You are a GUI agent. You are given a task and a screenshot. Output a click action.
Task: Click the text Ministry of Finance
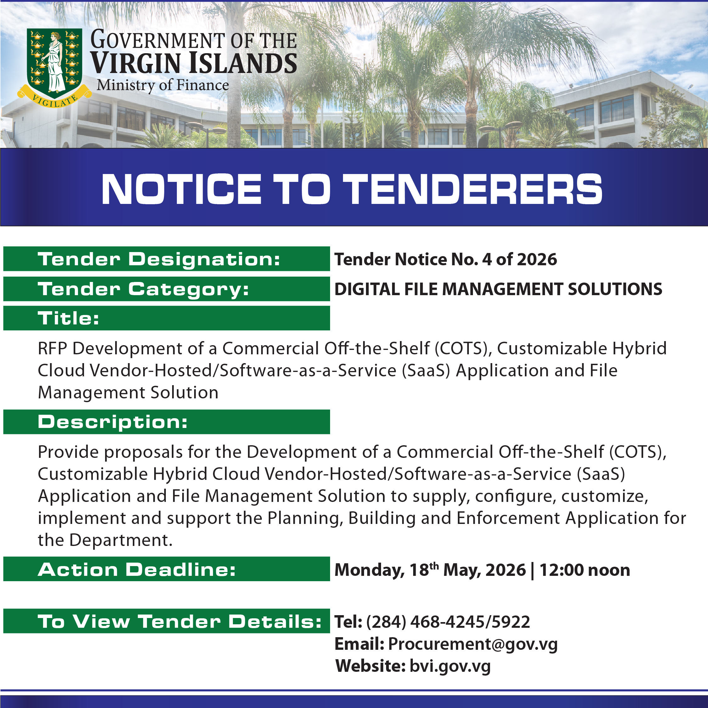pyautogui.click(x=163, y=85)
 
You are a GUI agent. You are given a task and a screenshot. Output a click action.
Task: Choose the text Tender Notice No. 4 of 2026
pyautogui.click(x=446, y=259)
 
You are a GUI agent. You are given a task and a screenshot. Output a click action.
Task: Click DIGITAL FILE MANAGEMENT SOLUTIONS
pyautogui.click(x=498, y=289)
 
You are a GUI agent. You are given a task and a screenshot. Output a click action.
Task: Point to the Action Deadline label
pyautogui.click(x=137, y=570)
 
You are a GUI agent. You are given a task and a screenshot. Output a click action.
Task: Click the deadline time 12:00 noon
pyautogui.click(x=585, y=570)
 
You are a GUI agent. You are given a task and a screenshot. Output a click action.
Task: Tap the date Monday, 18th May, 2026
pyautogui.click(x=430, y=570)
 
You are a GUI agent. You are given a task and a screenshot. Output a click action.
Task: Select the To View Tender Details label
pyautogui.click(x=180, y=622)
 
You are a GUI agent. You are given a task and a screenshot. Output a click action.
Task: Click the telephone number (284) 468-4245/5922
pyautogui.click(x=448, y=622)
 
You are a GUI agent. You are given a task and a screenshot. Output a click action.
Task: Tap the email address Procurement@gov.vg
pyautogui.click(x=473, y=644)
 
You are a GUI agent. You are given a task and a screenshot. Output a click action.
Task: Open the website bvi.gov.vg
pyautogui.click(x=450, y=666)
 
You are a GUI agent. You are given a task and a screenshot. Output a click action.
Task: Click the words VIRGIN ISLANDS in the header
pyautogui.click(x=194, y=63)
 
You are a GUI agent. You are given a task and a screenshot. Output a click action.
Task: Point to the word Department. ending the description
pyautogui.click(x=121, y=541)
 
